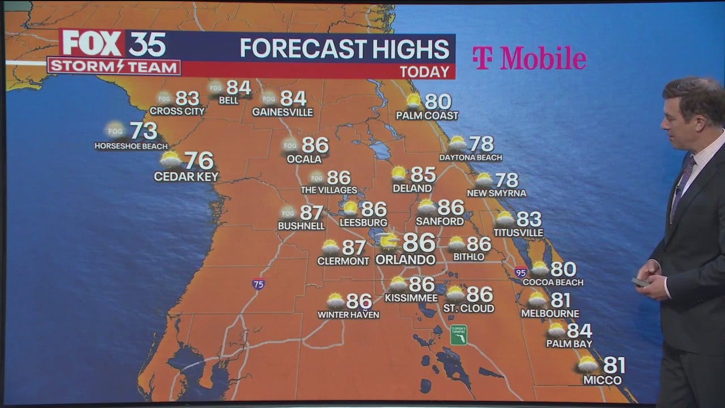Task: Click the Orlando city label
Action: (406, 260)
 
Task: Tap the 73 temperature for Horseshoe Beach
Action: (144, 131)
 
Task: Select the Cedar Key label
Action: (186, 177)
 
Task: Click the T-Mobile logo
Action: (529, 58)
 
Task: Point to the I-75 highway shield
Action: (258, 284)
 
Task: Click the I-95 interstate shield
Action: (521, 273)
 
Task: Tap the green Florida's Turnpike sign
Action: (458, 334)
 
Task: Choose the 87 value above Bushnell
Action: (311, 213)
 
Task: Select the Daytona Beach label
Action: (471, 158)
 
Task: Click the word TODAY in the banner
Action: (425, 72)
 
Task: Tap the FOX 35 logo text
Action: (113, 44)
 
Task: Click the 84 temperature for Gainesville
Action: (293, 99)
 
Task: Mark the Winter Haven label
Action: (348, 314)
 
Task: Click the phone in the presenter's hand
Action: (641, 282)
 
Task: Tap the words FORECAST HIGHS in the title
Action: (344, 49)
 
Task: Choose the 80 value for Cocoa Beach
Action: (563, 269)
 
